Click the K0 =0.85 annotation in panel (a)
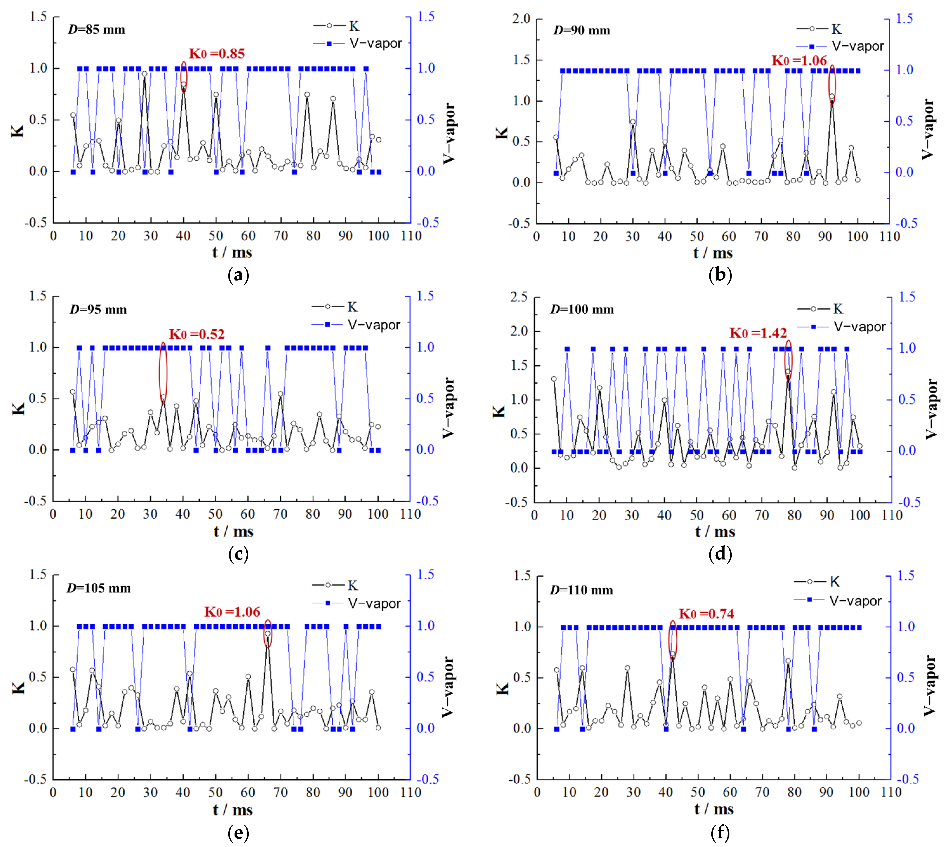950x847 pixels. (217, 53)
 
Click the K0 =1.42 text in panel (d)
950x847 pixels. (758, 333)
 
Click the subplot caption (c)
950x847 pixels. (238, 554)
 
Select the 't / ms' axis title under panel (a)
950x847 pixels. (232, 253)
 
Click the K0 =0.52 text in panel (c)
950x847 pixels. (196, 334)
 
